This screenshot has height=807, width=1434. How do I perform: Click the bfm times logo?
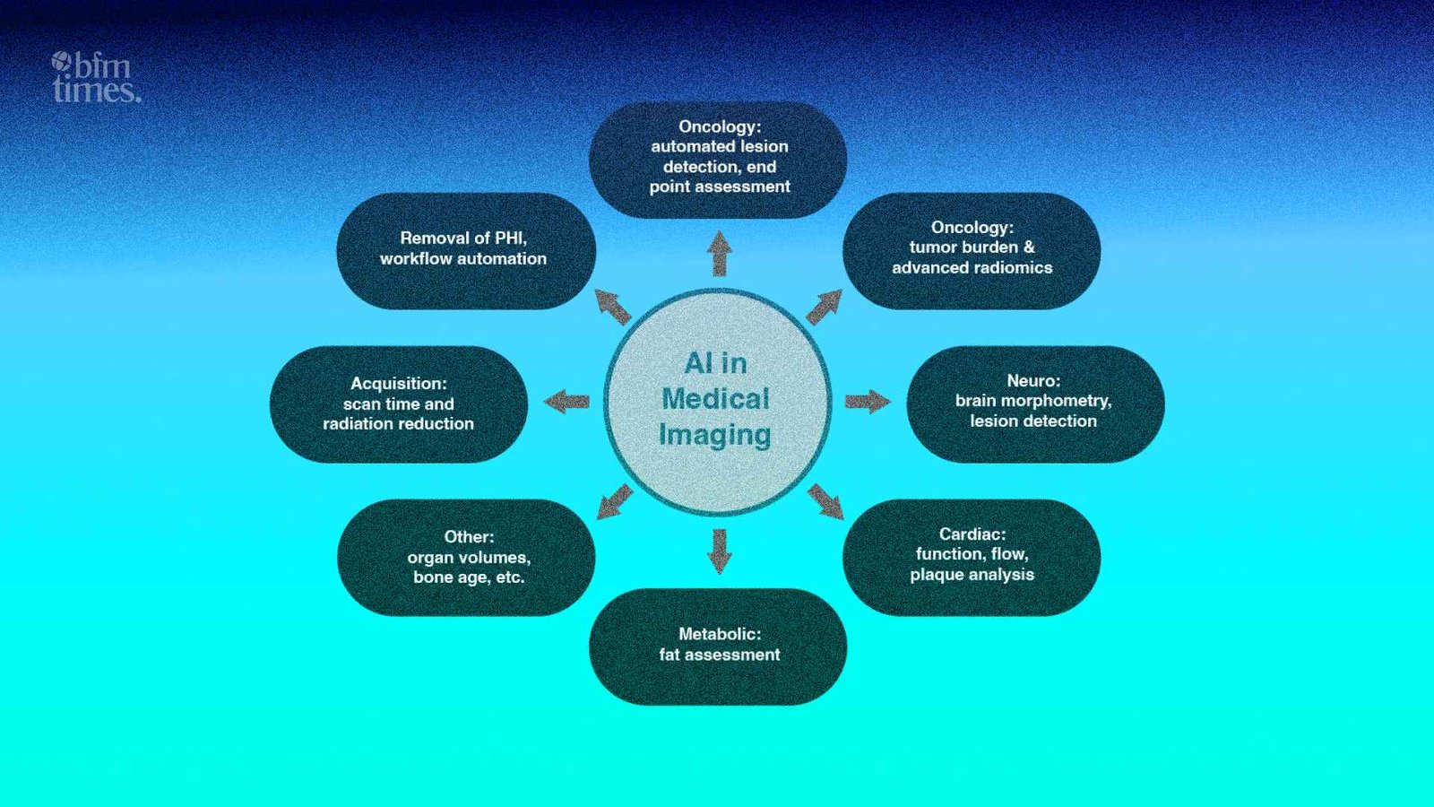point(96,77)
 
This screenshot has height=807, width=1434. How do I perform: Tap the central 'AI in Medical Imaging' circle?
point(717,401)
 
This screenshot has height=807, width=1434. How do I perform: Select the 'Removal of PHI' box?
point(465,250)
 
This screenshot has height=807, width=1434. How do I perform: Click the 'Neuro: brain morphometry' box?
point(1035,403)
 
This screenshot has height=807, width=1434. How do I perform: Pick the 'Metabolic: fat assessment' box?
point(718,646)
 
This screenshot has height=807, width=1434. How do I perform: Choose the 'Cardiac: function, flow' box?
point(972,556)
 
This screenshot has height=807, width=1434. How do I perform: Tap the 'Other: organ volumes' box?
point(466,557)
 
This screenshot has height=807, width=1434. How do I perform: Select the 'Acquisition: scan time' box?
point(399,403)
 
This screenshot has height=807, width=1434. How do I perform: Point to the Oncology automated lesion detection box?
point(718,159)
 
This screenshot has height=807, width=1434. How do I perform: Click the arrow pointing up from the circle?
point(719,254)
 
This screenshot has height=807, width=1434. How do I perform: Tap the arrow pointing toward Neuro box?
point(867,401)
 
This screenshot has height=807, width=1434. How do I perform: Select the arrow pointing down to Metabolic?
point(719,550)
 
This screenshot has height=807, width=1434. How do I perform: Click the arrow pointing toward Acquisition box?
point(567,401)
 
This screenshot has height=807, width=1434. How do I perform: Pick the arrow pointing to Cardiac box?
point(825,501)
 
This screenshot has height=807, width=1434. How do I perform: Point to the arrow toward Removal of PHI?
point(613,306)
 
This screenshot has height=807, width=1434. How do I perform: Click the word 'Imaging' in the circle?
point(714,435)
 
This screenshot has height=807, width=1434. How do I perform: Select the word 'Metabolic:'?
point(720,634)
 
